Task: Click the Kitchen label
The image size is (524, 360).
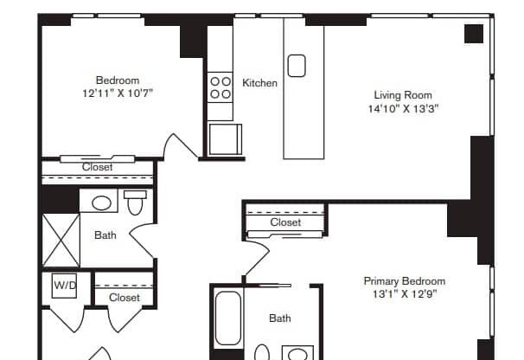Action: pos(259,83)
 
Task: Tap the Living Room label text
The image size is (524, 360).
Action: pos(402,95)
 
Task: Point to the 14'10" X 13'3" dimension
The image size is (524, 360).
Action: pos(402,109)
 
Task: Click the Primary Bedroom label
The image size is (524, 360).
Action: pos(404,281)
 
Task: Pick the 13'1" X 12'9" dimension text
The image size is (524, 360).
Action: pos(404,295)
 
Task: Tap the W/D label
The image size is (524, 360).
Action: pos(65,285)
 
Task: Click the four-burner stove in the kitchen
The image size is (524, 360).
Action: pos(220,87)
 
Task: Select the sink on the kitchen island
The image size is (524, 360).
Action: pos(297,65)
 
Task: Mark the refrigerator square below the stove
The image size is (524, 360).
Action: pos(225,138)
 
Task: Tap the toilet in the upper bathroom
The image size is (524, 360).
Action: pos(134,204)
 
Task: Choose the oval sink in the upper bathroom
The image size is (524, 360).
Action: pos(102,204)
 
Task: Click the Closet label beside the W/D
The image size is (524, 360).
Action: pos(125,298)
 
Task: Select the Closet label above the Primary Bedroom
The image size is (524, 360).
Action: pos(285,222)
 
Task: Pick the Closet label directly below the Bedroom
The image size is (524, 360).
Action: pos(98,167)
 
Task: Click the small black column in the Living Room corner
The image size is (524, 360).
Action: pos(473,34)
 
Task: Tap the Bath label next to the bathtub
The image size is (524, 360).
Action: pos(279,318)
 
